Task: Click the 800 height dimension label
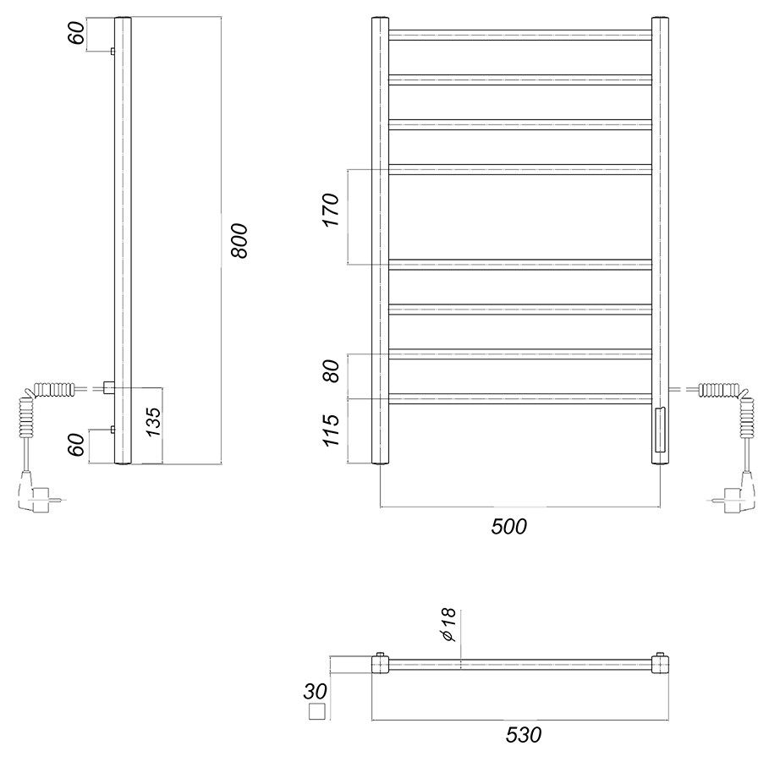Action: (239, 241)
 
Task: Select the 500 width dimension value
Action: (508, 527)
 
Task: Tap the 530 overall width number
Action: (524, 735)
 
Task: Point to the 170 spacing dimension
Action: (332, 210)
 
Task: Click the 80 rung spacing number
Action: (332, 371)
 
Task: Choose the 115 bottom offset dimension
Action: (332, 430)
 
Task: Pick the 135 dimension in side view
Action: (153, 422)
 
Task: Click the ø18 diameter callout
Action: (448, 624)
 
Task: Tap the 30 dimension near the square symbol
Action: (315, 692)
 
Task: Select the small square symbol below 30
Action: (316, 711)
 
